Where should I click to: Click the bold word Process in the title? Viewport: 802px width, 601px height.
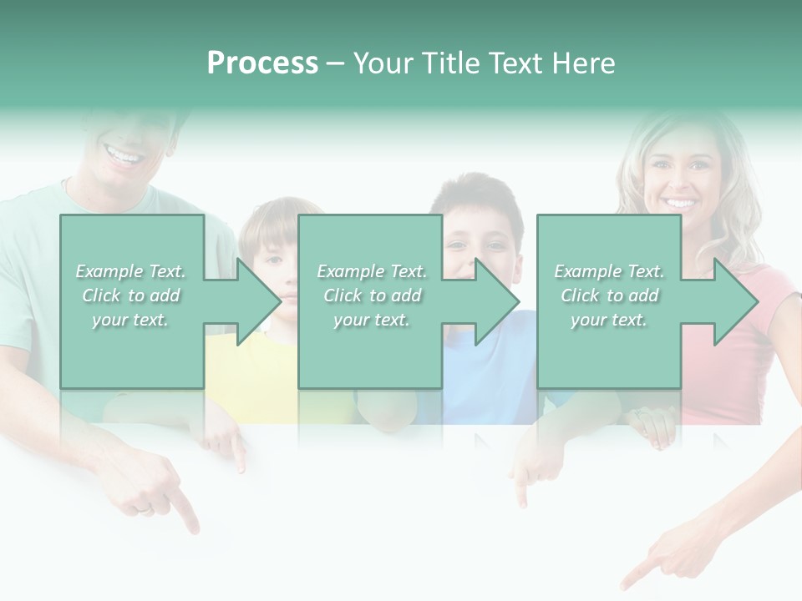pos(262,63)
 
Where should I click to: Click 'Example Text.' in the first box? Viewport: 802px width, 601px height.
pos(130,271)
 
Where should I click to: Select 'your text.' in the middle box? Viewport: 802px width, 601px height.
pos(371,320)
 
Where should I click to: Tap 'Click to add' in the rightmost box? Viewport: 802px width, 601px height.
pos(609,295)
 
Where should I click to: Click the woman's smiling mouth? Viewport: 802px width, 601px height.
pos(679,203)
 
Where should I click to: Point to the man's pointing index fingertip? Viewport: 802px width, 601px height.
pos(194,528)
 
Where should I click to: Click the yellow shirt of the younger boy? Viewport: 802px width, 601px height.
pos(251,367)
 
